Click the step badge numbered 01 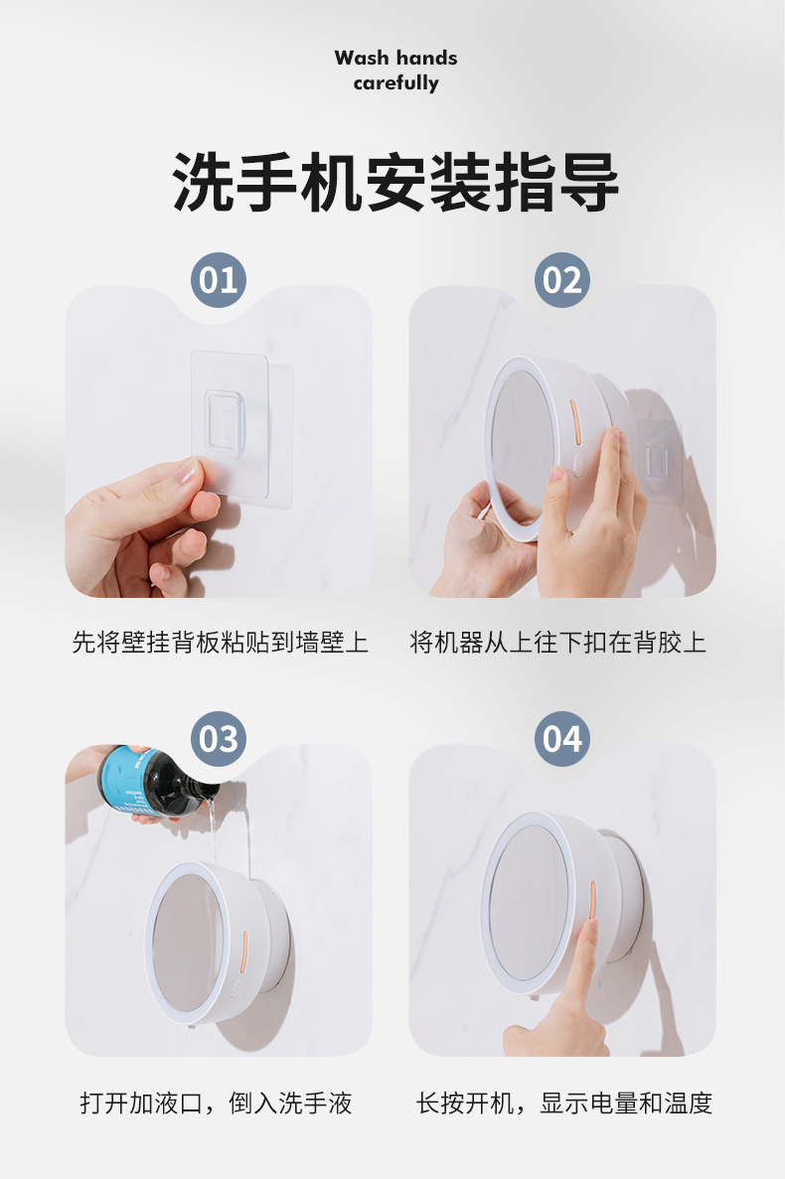[x=219, y=280]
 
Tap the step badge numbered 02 [x=562, y=280]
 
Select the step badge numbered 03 [x=219, y=739]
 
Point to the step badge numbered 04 [x=562, y=739]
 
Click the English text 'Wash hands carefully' [x=395, y=71]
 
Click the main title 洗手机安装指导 [x=395, y=182]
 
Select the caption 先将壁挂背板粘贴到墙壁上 [x=220, y=643]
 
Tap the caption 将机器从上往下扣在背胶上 [x=558, y=643]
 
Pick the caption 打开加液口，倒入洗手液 [x=217, y=1103]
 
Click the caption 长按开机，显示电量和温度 [x=564, y=1103]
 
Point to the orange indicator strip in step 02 [x=573, y=415]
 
